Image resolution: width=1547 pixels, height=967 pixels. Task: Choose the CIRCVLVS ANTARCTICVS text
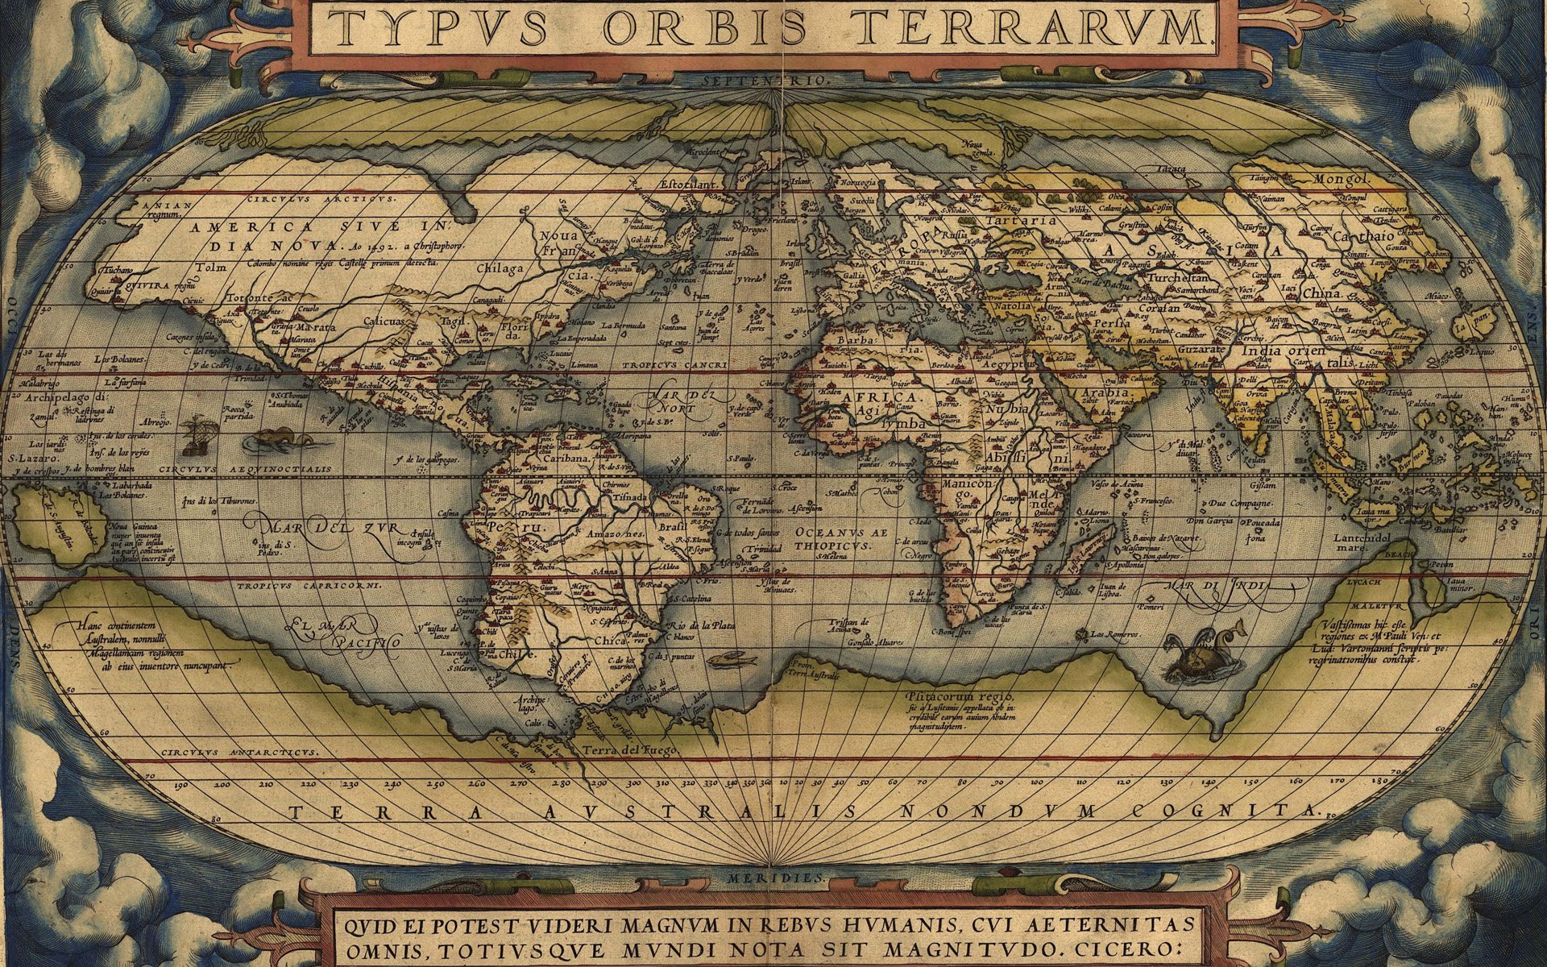pyautogui.click(x=238, y=753)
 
